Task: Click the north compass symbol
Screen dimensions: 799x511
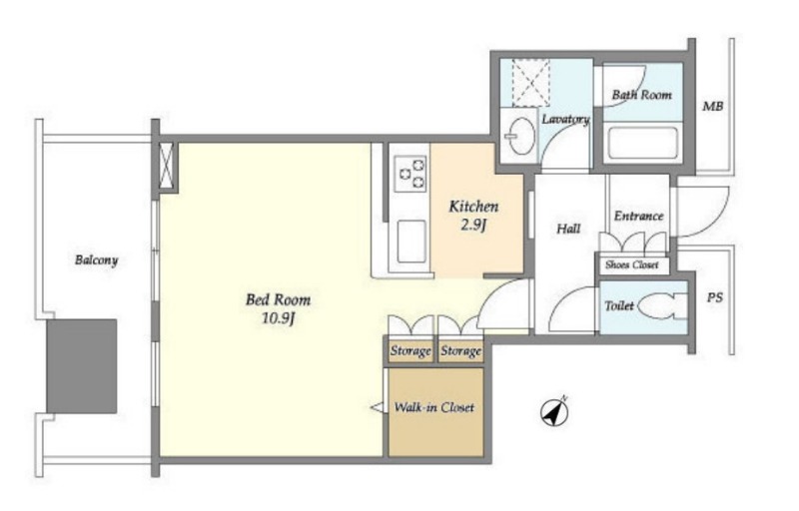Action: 554,412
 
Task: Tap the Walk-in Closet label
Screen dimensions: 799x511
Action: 434,407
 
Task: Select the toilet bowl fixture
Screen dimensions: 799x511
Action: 662,306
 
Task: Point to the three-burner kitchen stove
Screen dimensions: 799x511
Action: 410,174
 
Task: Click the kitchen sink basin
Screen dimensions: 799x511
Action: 411,242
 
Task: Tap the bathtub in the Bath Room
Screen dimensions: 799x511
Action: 642,143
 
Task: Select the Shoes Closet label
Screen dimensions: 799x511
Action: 632,264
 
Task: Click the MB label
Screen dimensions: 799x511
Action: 712,107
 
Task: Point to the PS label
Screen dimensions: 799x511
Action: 714,297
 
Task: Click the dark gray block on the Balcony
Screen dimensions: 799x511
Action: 82,366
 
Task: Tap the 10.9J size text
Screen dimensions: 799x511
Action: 279,319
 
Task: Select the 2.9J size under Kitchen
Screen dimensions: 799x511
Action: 473,225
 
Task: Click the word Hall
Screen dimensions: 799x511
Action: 568,229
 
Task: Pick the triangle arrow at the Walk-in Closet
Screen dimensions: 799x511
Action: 378,407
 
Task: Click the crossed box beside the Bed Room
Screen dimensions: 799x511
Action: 166,166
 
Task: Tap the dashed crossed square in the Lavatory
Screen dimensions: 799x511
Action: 531,83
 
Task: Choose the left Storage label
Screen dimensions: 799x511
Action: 410,350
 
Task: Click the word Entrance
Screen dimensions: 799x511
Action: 638,216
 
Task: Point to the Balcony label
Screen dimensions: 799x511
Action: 96,260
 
